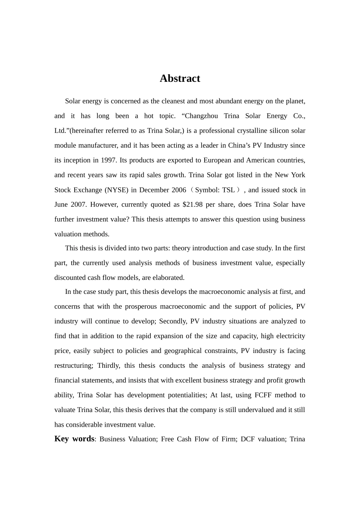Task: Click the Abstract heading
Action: pos(180,78)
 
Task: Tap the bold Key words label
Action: pos(74,439)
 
